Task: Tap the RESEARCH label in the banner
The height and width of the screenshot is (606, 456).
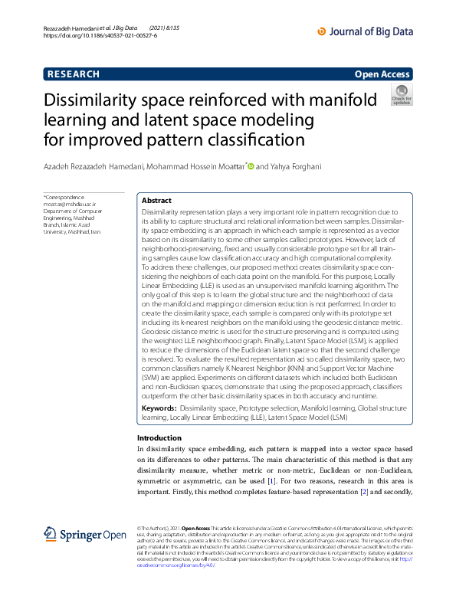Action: click(x=74, y=74)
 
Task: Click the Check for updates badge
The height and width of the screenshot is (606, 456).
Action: click(x=402, y=95)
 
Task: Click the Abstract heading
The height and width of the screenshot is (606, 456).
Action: click(x=157, y=199)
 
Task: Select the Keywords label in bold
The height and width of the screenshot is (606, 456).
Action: click(x=159, y=410)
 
